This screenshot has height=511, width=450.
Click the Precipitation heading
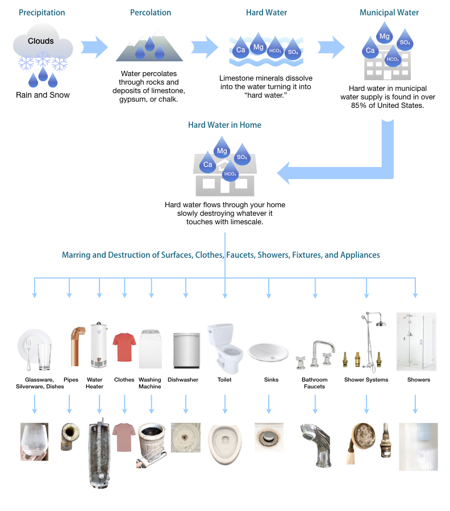(x=42, y=12)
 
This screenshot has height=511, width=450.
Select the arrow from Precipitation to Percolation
(x=94, y=46)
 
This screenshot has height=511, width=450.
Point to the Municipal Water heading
(x=389, y=12)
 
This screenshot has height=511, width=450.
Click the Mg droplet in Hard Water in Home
(x=222, y=150)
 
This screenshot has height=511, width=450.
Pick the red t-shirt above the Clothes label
(x=124, y=347)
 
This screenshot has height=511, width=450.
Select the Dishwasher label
(x=183, y=380)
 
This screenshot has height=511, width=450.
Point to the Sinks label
(x=272, y=380)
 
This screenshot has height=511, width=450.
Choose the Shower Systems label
(x=366, y=380)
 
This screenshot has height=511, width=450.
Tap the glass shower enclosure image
(x=416, y=342)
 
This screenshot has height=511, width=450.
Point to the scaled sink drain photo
(x=269, y=439)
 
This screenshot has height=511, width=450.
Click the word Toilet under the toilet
(x=224, y=380)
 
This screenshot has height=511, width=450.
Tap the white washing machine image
(x=151, y=349)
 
